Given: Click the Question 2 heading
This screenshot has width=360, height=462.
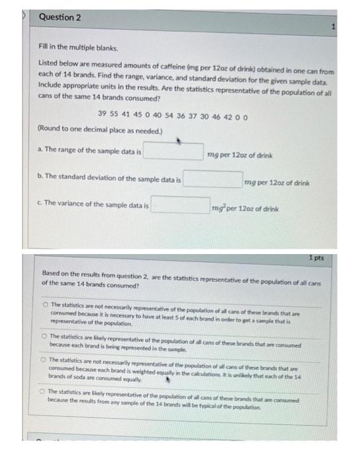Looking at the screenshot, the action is point(59,17).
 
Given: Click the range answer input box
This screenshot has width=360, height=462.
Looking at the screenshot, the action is point(173,152).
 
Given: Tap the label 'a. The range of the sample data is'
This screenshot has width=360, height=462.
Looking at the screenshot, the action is point(90,152).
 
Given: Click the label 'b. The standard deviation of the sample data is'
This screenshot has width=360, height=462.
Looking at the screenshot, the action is point(109,179).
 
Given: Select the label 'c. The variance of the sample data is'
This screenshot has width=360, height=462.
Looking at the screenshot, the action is point(93,207).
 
